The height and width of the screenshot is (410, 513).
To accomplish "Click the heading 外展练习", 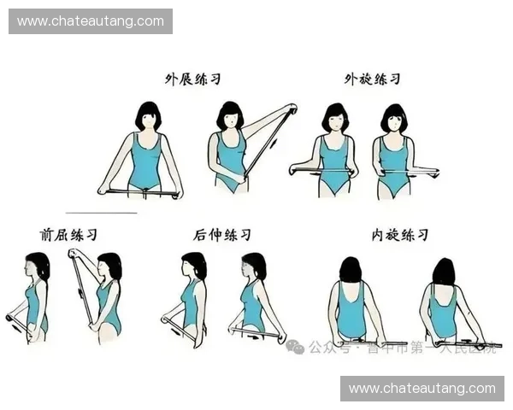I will click(193, 79).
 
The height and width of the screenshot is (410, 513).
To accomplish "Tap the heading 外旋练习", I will click(372, 79).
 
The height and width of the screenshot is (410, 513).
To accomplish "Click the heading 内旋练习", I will click(399, 234).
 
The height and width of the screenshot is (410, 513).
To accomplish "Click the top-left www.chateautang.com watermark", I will click(91, 20).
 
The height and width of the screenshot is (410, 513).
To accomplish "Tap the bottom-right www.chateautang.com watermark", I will click(422, 389).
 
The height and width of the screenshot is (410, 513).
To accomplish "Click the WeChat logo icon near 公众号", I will click(295, 346).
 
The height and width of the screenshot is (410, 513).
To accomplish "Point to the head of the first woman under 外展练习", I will click(148, 117).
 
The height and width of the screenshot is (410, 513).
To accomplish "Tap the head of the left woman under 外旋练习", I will click(335, 118).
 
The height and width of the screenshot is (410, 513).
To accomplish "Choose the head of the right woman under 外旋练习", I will click(393, 118).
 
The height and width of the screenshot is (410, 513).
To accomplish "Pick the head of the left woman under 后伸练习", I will click(194, 266).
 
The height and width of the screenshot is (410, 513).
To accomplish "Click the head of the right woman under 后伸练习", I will click(254, 266).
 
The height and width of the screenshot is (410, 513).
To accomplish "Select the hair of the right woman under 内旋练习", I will click(443, 272).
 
